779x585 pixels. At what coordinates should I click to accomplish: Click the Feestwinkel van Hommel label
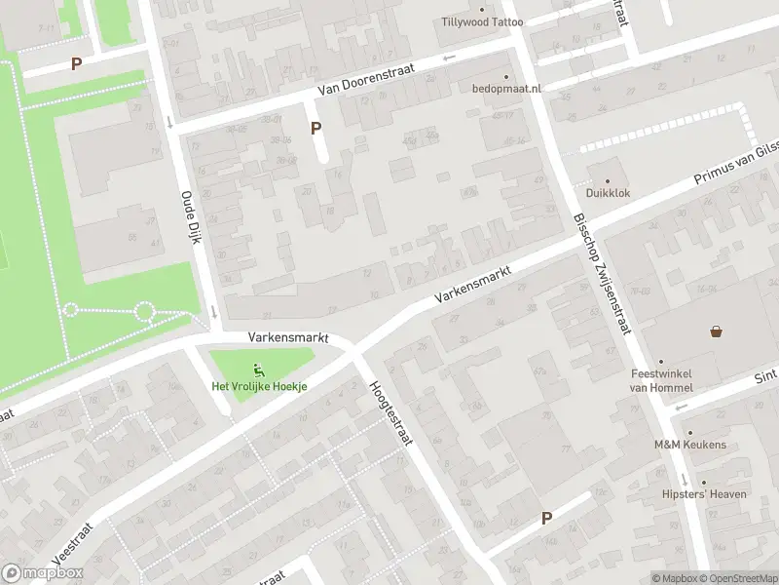coord(661,380)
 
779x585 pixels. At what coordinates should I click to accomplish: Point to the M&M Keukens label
coord(689,445)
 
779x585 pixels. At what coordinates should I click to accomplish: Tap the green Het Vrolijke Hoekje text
coord(260,386)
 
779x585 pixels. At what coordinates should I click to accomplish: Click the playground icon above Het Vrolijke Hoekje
coord(259,369)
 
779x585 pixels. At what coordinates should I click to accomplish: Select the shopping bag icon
coord(717,331)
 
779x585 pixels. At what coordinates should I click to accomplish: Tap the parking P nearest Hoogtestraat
coord(546,519)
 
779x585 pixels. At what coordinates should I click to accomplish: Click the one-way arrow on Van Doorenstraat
coord(449,58)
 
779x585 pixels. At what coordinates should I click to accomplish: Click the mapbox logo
coord(42,573)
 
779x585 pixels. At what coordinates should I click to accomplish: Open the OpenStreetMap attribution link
coord(736,578)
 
